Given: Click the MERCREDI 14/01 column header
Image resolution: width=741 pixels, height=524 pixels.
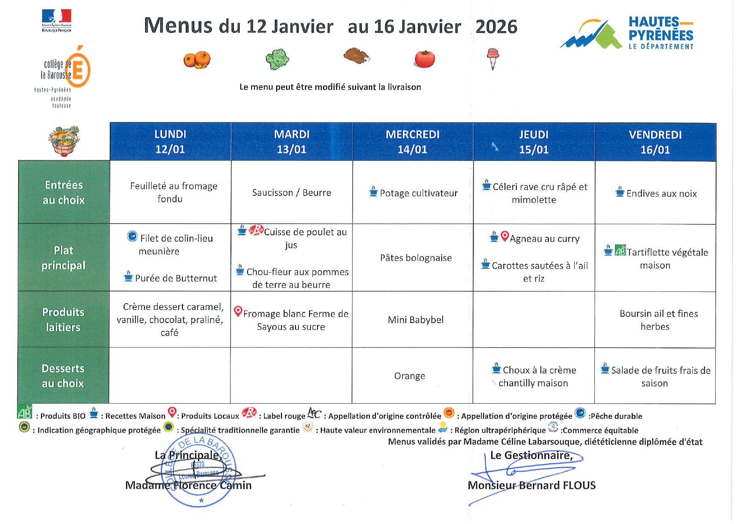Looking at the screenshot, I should [x=413, y=142].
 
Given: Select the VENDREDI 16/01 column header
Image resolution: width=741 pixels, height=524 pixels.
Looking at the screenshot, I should [x=655, y=142].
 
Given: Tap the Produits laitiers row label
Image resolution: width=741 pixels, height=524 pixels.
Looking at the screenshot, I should [x=63, y=320].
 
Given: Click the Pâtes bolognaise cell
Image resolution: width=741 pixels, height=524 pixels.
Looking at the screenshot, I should [x=416, y=258].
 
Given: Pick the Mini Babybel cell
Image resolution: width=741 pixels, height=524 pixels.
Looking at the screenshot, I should [x=416, y=320].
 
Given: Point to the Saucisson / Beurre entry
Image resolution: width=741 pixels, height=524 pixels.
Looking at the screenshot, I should [x=292, y=193].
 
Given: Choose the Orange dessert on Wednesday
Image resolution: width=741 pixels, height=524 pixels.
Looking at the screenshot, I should [x=410, y=376].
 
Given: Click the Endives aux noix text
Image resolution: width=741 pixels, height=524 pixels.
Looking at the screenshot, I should [x=661, y=194].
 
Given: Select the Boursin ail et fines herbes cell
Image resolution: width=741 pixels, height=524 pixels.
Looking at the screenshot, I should [x=658, y=320].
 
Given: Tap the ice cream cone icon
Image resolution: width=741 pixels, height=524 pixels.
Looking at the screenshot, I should [x=492, y=59].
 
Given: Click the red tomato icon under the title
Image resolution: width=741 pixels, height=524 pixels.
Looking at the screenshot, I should [x=424, y=59].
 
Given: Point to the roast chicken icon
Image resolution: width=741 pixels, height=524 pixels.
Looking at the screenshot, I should [x=356, y=56].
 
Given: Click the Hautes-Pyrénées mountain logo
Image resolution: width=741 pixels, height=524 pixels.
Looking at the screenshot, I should [x=592, y=35].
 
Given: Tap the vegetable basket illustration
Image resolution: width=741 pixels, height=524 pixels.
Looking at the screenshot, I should [x=64, y=141].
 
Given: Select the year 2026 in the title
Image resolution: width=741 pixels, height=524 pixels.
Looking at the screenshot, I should [x=496, y=27].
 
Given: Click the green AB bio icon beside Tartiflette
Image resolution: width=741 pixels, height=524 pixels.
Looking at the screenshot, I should [x=620, y=251].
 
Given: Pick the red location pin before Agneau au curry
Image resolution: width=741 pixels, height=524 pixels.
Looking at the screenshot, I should [x=505, y=236].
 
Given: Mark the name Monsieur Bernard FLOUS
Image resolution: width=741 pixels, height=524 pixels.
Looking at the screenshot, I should [x=532, y=486].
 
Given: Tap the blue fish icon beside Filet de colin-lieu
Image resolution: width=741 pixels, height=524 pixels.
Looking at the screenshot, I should [x=132, y=236].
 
